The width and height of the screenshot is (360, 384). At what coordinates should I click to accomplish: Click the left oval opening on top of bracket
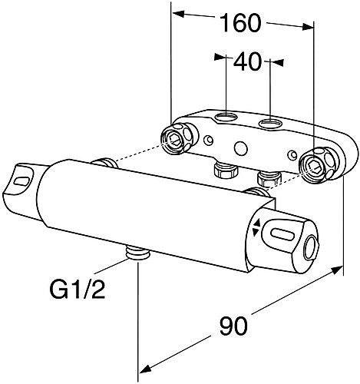(x=228, y=118)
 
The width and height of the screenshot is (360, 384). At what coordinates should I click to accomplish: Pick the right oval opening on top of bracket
(x=271, y=124)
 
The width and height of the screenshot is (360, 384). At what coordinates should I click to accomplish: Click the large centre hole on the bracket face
(x=240, y=148)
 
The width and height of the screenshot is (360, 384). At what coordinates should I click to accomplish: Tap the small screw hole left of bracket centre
(x=210, y=140)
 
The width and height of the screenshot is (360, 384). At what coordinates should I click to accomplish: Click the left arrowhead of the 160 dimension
(x=176, y=14)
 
